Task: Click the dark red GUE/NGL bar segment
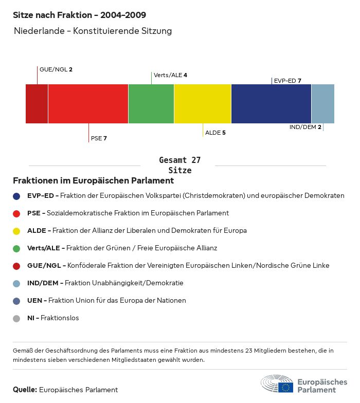point(37,104)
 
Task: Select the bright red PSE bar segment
point(88,104)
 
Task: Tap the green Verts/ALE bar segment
point(151,104)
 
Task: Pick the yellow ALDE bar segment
point(203,104)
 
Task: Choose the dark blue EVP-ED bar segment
point(271,104)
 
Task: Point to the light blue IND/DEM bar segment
point(323,104)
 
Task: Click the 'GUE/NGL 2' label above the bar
point(56,69)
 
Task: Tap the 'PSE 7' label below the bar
point(99,138)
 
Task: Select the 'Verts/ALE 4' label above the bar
point(170,75)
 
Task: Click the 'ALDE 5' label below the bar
point(215,133)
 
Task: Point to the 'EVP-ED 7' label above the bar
point(287,81)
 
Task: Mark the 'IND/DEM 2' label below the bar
point(305,127)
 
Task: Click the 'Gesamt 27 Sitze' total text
point(179,166)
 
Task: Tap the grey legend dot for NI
point(16,318)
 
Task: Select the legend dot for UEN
point(16,301)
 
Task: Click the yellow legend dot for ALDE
point(16,231)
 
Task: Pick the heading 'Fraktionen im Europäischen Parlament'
point(93,181)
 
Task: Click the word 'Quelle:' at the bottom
point(25,390)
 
